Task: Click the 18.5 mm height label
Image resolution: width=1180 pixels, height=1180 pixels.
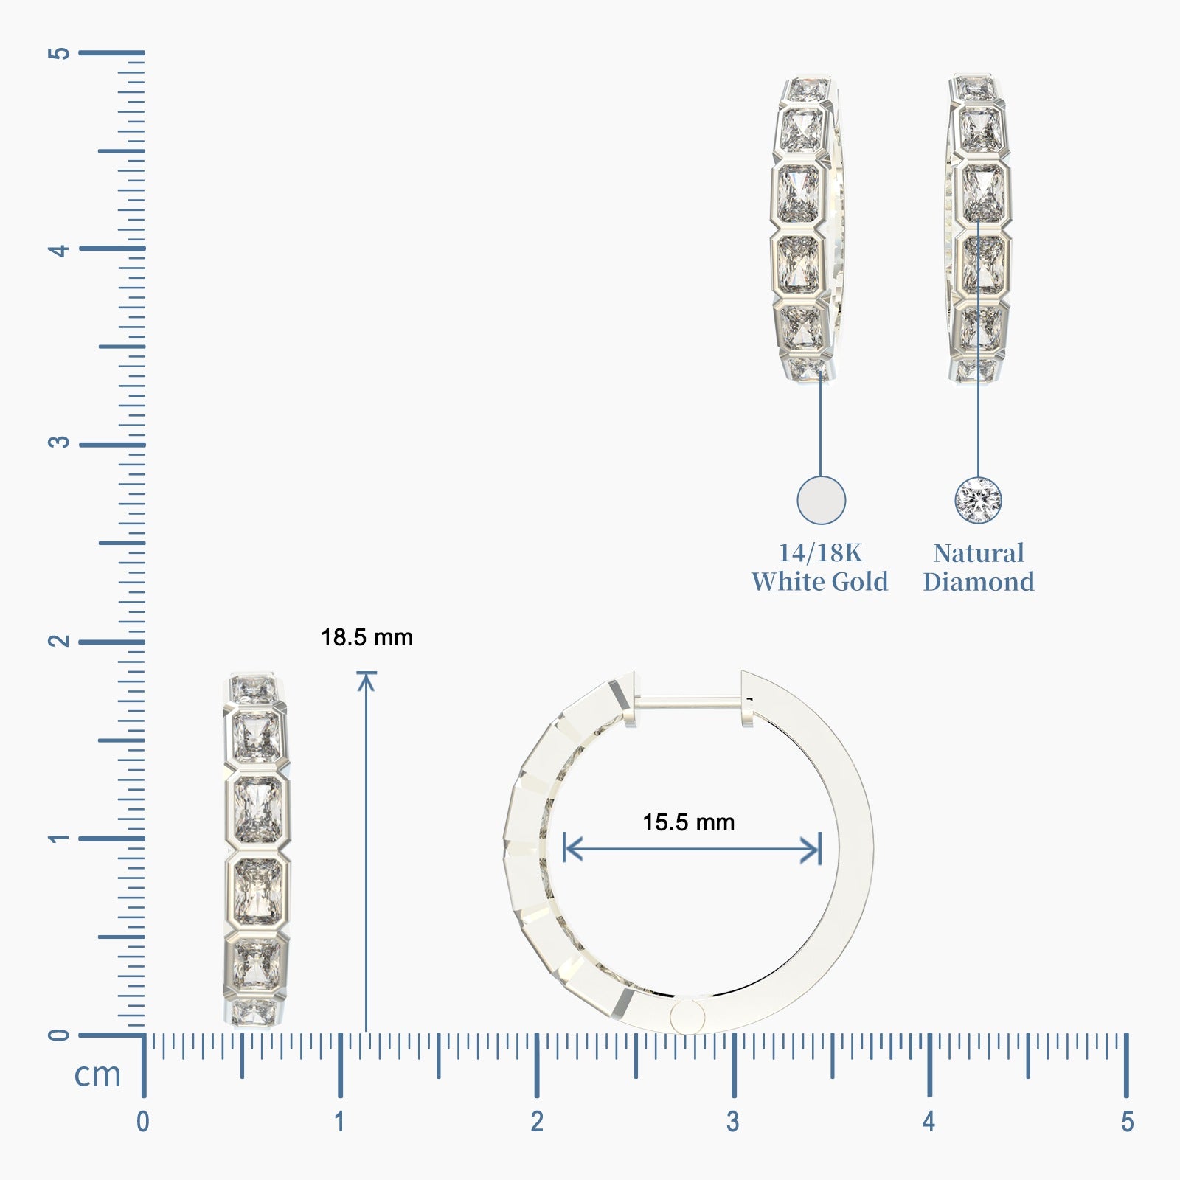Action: tap(367, 637)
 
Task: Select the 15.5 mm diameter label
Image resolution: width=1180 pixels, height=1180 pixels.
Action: tap(689, 822)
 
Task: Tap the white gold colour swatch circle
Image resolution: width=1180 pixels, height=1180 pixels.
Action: tap(821, 500)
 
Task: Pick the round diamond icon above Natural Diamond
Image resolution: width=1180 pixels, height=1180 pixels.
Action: tap(978, 500)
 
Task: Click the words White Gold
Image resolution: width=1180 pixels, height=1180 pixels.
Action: tap(820, 582)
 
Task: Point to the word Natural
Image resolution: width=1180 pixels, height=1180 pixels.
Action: tap(979, 553)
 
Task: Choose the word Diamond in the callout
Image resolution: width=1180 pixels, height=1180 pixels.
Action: tap(979, 582)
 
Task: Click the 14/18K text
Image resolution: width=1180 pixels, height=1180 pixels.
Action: tap(820, 553)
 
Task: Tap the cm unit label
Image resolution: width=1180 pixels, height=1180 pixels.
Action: tap(97, 1075)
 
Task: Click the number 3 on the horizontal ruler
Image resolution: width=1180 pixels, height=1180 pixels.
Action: tap(732, 1122)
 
